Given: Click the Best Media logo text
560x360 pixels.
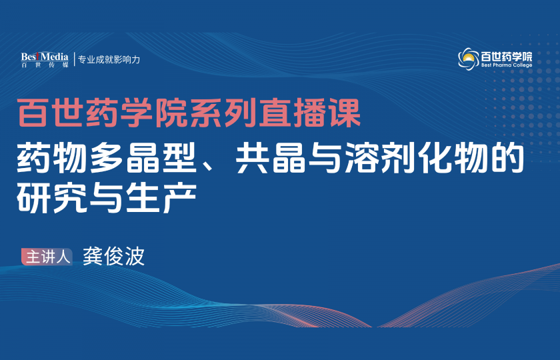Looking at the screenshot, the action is click(x=45, y=57).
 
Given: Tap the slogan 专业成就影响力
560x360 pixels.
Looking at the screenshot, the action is click(x=109, y=59).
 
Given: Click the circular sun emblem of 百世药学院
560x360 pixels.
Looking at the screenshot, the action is click(x=469, y=59).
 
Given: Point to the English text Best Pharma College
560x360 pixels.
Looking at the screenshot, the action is click(x=507, y=65).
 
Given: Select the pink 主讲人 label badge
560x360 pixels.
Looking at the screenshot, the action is click(x=47, y=257).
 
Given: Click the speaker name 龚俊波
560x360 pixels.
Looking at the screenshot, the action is click(x=113, y=256).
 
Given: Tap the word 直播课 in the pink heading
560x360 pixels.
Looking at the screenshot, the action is click(x=309, y=113).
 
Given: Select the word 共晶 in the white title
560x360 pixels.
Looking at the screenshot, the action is click(x=271, y=158).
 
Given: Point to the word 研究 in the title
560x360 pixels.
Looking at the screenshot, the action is click(x=52, y=197).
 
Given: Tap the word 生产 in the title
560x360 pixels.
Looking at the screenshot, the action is click(x=161, y=197).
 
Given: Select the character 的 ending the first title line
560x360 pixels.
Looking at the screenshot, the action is click(x=506, y=158).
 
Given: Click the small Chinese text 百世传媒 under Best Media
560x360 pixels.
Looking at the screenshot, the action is click(x=45, y=65).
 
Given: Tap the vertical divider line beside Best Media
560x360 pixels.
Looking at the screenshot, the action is click(x=74, y=59).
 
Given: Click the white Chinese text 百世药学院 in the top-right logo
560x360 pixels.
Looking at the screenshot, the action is click(x=507, y=57).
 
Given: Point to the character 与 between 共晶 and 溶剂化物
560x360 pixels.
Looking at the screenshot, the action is click(x=325, y=158).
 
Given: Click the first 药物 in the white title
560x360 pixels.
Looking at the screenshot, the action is click(x=52, y=158).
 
